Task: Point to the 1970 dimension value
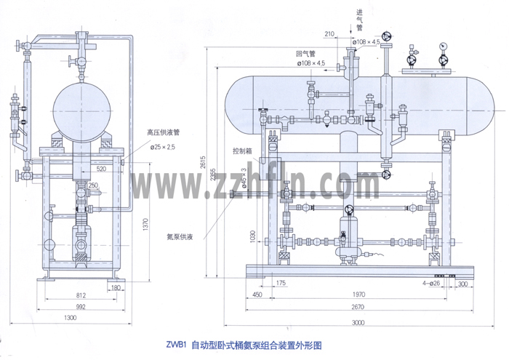pos(354,295)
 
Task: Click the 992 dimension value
pos(81,308)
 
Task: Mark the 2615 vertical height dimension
pos(204,164)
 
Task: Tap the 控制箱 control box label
pos(243,151)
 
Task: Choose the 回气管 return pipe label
pos(305,54)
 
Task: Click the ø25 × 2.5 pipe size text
pos(164,148)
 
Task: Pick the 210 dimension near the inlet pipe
pos(329,33)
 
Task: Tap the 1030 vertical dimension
pos(252,236)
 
